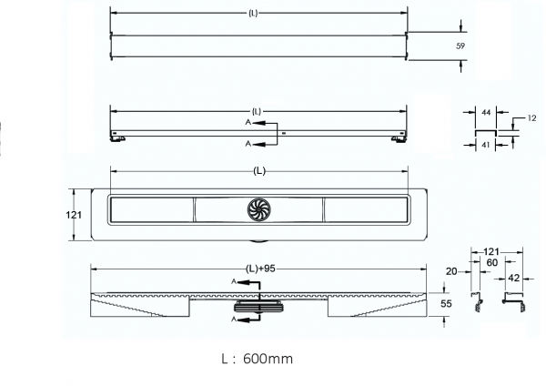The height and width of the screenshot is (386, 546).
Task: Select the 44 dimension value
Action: click(x=487, y=111)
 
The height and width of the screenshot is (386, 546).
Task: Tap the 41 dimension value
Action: click(x=487, y=145)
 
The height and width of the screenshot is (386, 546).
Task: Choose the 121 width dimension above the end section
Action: click(x=492, y=250)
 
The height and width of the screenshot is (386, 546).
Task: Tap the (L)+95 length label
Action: click(x=258, y=268)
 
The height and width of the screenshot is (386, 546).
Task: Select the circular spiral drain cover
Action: click(x=260, y=210)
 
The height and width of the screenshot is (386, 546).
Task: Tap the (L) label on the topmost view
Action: click(x=258, y=15)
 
